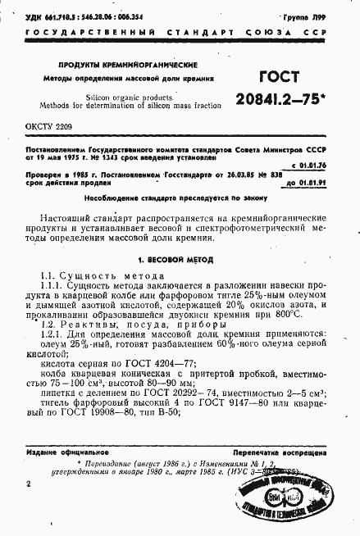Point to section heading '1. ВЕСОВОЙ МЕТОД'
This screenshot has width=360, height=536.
coord(176,260)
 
